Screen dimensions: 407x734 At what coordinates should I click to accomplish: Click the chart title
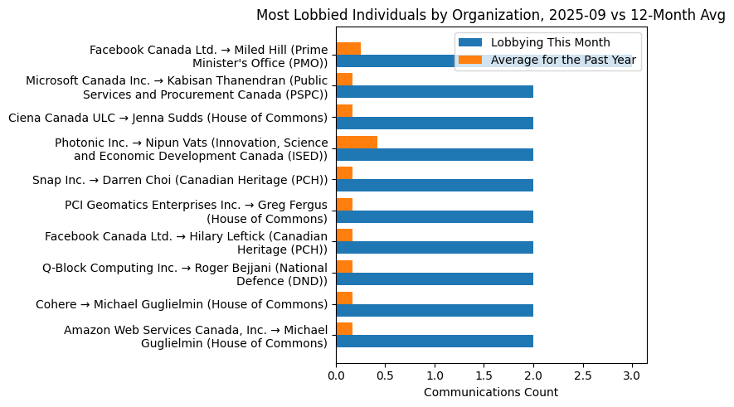click(490, 15)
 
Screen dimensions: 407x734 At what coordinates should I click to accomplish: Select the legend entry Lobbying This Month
click(549, 43)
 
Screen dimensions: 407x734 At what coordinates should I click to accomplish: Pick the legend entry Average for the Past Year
click(563, 60)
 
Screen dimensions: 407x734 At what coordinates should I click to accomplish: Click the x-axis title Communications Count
click(491, 392)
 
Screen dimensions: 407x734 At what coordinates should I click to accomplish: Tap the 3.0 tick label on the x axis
click(632, 376)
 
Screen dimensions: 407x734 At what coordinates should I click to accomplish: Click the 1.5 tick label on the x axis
click(484, 376)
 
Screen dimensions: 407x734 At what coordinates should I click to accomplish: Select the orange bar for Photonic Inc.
click(357, 142)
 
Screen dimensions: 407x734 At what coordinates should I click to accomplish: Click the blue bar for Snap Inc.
click(435, 185)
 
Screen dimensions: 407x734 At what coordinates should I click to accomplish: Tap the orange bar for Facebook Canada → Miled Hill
click(348, 48)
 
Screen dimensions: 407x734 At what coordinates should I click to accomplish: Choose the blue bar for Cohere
click(435, 310)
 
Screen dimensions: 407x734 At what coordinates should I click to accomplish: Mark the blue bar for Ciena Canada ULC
click(435, 123)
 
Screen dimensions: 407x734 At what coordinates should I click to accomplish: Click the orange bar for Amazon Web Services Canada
click(344, 329)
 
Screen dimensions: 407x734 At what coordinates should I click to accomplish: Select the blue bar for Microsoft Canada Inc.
click(435, 91)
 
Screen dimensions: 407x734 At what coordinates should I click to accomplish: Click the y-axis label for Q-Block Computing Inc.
click(185, 274)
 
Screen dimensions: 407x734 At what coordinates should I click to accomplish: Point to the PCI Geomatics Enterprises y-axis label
click(196, 211)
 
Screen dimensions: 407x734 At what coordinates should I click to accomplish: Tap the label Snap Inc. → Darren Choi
click(180, 180)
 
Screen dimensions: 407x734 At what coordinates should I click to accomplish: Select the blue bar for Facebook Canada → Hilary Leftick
click(435, 248)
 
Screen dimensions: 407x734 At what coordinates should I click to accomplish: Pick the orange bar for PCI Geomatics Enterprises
click(344, 204)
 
